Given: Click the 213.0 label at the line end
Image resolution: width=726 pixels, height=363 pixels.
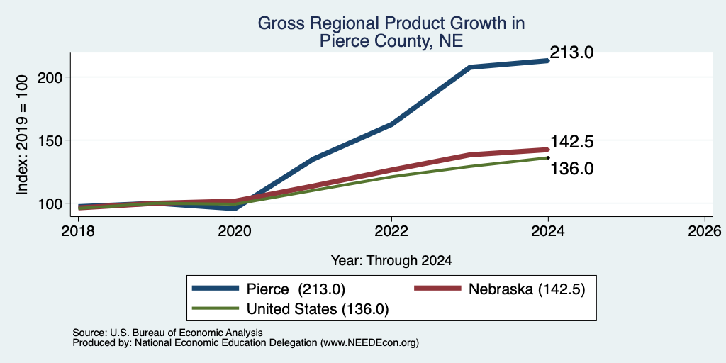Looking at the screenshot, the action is pyautogui.click(x=571, y=52).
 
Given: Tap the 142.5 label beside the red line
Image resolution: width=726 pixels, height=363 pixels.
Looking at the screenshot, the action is pyautogui.click(x=571, y=142).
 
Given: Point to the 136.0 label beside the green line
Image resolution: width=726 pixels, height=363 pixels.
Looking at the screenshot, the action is pyautogui.click(x=571, y=169).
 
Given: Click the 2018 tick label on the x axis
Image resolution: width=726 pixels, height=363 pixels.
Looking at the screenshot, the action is pyautogui.click(x=79, y=231).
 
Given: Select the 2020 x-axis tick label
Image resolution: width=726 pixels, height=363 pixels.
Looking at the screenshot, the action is pyautogui.click(x=235, y=231).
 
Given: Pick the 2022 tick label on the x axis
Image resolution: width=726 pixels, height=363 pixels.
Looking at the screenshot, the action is pyautogui.click(x=391, y=231).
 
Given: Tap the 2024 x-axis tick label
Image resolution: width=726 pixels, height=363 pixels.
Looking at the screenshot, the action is pyautogui.click(x=548, y=231).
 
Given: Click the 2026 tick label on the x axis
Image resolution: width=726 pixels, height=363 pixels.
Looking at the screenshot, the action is pyautogui.click(x=705, y=231).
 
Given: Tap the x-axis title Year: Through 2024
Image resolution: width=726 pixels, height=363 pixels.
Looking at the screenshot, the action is pyautogui.click(x=391, y=261).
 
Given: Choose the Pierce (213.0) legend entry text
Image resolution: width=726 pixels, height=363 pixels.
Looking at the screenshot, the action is pyautogui.click(x=296, y=289).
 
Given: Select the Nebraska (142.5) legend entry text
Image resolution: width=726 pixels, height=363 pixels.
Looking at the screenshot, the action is pyautogui.click(x=527, y=289).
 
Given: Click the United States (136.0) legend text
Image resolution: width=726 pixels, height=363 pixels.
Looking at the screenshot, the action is pyautogui.click(x=318, y=309).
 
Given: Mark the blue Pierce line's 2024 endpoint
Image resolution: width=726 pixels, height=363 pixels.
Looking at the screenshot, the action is pyautogui.click(x=548, y=60).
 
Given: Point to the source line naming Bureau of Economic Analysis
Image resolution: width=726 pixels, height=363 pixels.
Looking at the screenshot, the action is pyautogui.click(x=167, y=333).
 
